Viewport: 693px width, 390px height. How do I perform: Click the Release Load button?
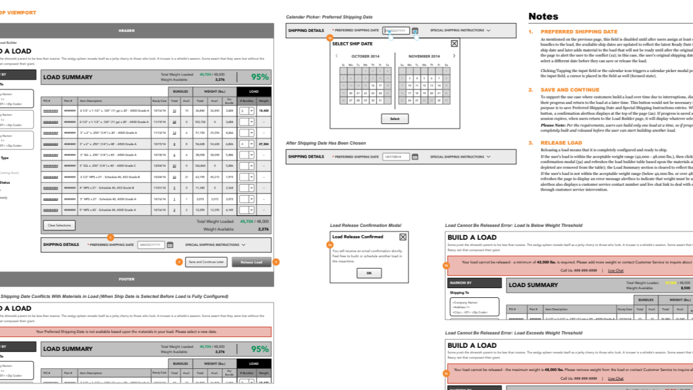click(x=251, y=262)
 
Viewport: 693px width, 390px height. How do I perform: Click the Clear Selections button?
click(x=59, y=225)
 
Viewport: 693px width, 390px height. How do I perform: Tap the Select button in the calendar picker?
click(x=394, y=119)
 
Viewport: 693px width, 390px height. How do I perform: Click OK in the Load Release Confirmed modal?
click(x=369, y=273)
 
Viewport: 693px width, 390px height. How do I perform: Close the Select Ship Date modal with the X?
click(x=454, y=43)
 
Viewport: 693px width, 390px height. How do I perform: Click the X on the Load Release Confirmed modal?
click(x=403, y=237)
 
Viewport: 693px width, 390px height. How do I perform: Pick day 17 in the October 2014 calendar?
click(x=380, y=86)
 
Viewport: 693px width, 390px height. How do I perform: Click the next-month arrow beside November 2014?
click(x=454, y=56)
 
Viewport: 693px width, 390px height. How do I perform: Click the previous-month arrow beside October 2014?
click(x=336, y=56)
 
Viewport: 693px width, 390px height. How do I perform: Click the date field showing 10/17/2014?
click(x=396, y=157)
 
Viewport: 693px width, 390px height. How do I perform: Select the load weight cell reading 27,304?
click(x=263, y=144)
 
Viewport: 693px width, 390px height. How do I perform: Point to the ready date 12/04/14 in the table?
click(x=159, y=166)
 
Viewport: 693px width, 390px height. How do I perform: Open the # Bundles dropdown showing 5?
click(x=247, y=110)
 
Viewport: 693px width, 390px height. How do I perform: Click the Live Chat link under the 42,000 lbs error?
click(x=616, y=270)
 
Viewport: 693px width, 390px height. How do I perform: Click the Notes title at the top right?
click(x=543, y=17)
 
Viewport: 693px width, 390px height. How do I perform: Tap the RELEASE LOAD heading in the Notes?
click(x=561, y=143)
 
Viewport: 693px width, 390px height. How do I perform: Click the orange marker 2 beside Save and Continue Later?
click(x=179, y=262)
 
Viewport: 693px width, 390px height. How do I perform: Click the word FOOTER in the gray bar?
click(x=126, y=279)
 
